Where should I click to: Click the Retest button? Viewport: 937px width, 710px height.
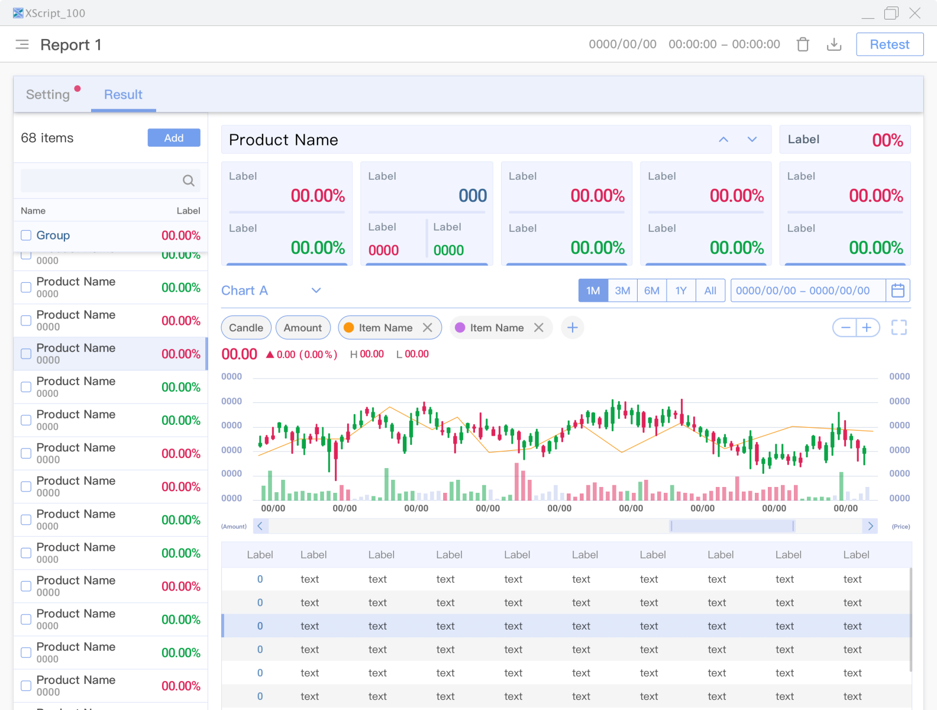[x=889, y=44]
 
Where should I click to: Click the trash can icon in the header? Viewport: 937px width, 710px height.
[x=803, y=44]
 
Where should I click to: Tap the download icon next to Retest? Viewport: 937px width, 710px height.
[x=834, y=44]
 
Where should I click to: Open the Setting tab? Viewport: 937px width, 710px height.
[x=48, y=95]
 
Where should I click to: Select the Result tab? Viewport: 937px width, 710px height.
[x=123, y=95]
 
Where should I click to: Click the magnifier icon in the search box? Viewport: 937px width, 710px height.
[x=189, y=180]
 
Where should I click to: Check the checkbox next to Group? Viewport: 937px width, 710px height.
[x=26, y=235]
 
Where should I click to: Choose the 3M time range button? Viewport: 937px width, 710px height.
[x=622, y=291]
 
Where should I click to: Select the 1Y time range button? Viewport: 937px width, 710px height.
[x=681, y=291]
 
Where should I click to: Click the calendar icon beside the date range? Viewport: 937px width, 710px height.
[x=897, y=291]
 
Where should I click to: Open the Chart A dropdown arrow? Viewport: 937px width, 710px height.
[x=316, y=291]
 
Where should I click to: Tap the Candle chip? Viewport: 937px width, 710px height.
[x=246, y=328]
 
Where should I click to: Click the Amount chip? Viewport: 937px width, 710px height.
[x=303, y=328]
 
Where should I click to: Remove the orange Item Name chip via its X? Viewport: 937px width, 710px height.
[x=427, y=328]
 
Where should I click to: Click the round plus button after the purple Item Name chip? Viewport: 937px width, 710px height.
[x=572, y=328]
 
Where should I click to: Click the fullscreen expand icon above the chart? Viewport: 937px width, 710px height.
[x=899, y=328]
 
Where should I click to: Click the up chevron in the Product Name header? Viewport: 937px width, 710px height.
[x=723, y=140]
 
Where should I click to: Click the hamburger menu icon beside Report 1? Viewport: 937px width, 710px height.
[x=22, y=44]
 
